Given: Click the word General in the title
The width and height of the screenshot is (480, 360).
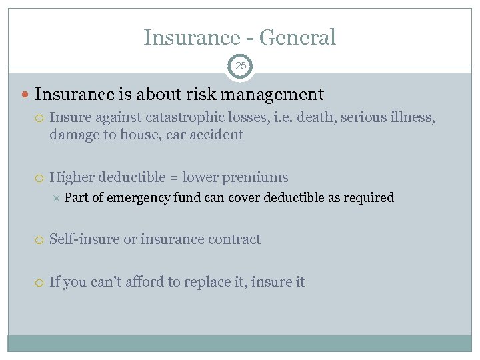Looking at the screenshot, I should (x=297, y=37).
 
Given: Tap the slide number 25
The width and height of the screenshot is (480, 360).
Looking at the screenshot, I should (x=240, y=67).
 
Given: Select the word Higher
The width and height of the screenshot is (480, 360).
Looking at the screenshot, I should (x=72, y=177).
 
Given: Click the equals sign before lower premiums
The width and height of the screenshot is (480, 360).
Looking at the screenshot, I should (x=173, y=178).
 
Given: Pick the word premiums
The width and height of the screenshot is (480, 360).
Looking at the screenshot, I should (x=257, y=177).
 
